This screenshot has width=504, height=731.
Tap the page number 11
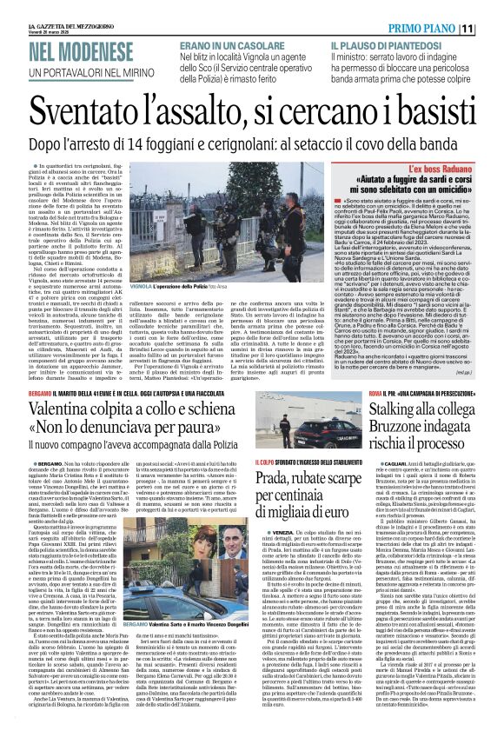tap(491, 29)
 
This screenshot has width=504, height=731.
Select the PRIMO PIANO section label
tap(438, 29)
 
